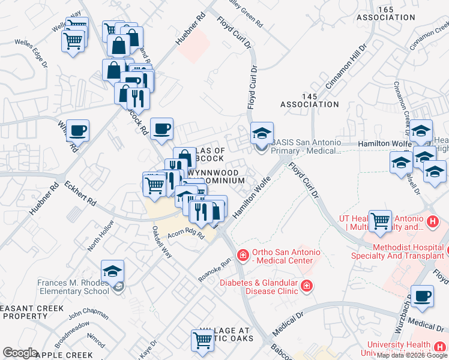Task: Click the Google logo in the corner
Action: (20, 353)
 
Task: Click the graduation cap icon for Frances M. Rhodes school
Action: (112, 271)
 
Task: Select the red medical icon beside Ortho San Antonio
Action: (243, 256)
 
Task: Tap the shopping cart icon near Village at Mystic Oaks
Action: (202, 340)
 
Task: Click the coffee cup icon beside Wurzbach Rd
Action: (423, 296)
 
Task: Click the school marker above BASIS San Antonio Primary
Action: (262, 133)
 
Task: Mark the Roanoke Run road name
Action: (214, 270)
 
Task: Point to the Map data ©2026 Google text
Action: (412, 355)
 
